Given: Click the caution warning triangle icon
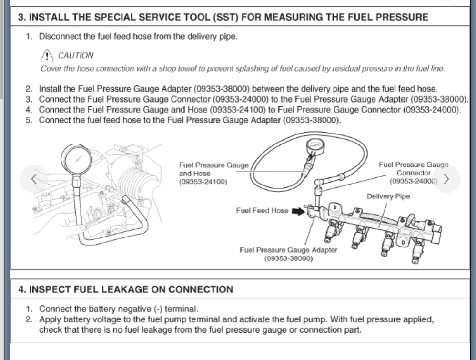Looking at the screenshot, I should click(47, 56).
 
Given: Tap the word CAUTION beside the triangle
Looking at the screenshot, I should click(76, 56).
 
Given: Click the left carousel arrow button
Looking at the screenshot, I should click(34, 179).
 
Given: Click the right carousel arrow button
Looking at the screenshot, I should click(446, 179).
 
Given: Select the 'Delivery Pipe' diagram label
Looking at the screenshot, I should click(388, 196).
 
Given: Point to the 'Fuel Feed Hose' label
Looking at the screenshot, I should click(262, 210).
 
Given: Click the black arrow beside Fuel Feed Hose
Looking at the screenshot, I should click(298, 210).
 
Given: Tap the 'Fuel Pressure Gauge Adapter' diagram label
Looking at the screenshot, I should click(288, 250).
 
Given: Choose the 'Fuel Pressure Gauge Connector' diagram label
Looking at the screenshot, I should click(414, 169).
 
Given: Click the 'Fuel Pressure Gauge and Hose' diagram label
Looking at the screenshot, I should click(213, 169).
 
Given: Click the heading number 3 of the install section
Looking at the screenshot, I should click(21, 17).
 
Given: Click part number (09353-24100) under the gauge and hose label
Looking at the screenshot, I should click(203, 182).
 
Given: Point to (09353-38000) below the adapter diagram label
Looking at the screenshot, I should click(288, 259).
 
